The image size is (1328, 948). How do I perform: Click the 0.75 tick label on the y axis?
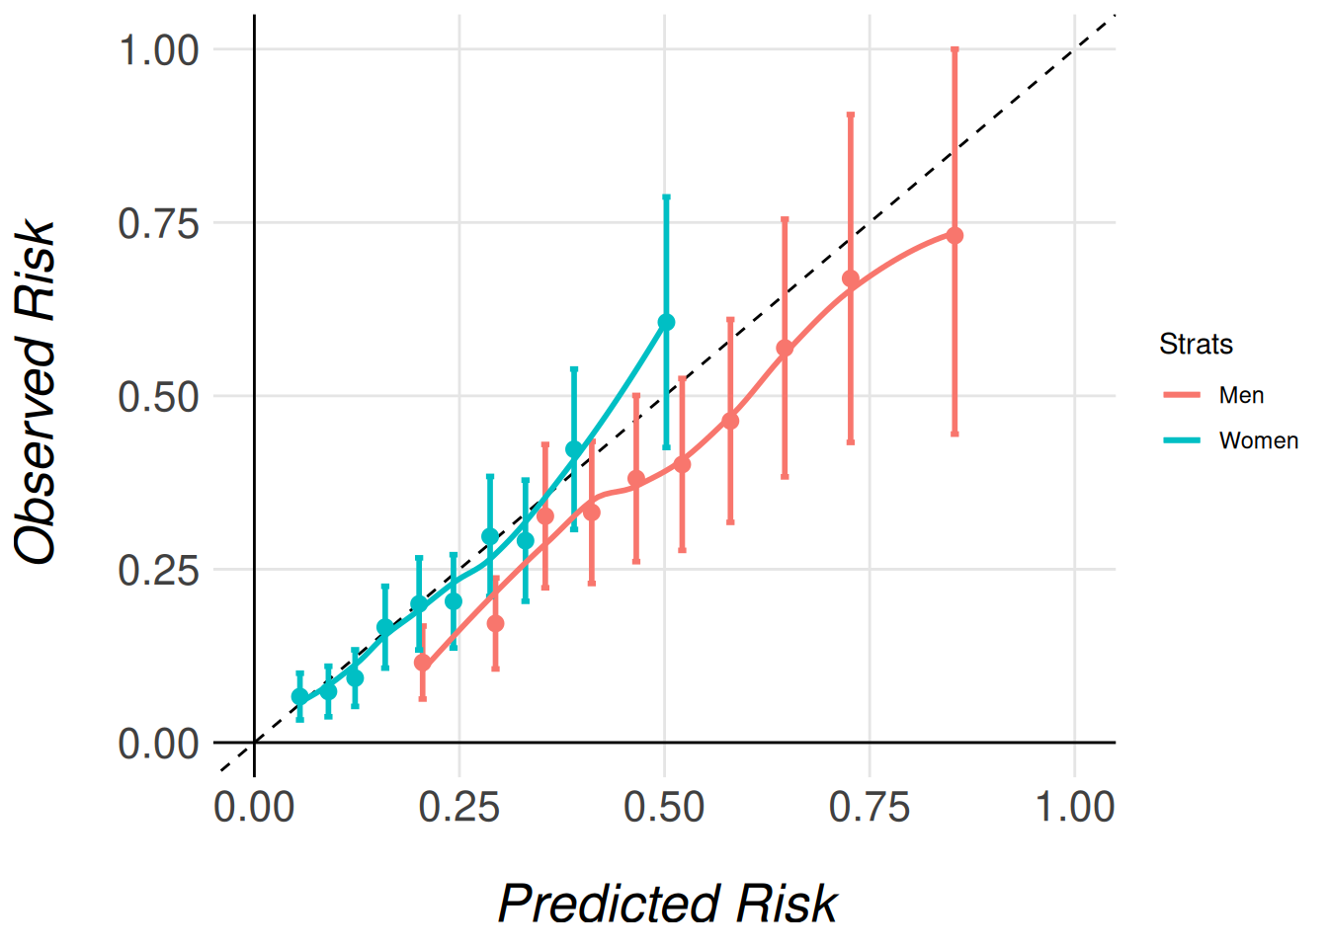click(x=158, y=224)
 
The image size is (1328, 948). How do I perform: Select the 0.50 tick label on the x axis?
click(x=664, y=807)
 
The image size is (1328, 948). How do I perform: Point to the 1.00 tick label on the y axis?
click(x=158, y=50)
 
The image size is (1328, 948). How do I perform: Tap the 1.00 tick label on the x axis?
click(x=1075, y=807)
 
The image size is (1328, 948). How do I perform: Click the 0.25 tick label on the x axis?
click(x=458, y=807)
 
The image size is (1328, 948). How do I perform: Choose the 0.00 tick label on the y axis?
click(x=158, y=744)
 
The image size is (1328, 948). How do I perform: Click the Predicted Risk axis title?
click(x=667, y=904)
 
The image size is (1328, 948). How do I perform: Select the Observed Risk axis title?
click(x=37, y=393)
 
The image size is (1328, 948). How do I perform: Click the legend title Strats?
click(x=1196, y=344)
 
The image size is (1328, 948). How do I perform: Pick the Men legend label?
click(x=1241, y=395)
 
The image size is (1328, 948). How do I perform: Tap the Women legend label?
click(x=1258, y=440)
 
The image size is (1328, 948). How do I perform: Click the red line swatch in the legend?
click(x=1182, y=395)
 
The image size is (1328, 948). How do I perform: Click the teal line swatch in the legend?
click(x=1182, y=440)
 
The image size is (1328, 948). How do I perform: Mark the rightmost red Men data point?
click(x=954, y=236)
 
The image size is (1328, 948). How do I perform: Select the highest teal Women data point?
click(x=666, y=322)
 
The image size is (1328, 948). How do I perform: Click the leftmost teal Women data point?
click(x=300, y=696)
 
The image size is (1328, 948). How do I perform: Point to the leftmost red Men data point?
click(x=423, y=663)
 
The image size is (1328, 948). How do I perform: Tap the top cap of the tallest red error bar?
click(x=954, y=48)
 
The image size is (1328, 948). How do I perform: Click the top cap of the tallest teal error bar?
click(x=666, y=197)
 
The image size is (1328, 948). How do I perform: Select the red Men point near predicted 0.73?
click(x=851, y=279)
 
